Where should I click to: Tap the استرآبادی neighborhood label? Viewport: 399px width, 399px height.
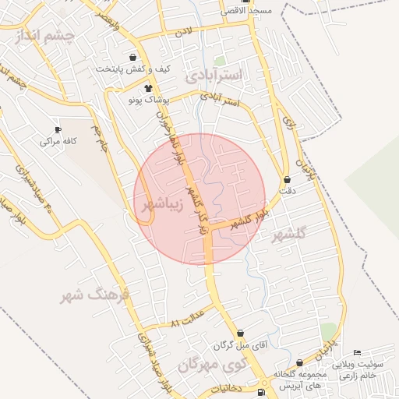coord(216,76)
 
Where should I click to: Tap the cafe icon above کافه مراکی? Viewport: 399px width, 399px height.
coord(58,129)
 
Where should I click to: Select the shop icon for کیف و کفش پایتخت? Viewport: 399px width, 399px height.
coord(132,56)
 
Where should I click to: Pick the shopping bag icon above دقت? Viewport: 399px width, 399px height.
coord(287,179)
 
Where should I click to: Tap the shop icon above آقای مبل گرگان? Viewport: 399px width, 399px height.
coord(240,333)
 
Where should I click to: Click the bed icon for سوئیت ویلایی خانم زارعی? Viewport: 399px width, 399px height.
coord(358,353)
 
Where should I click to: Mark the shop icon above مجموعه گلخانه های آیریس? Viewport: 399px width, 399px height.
coord(300,363)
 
